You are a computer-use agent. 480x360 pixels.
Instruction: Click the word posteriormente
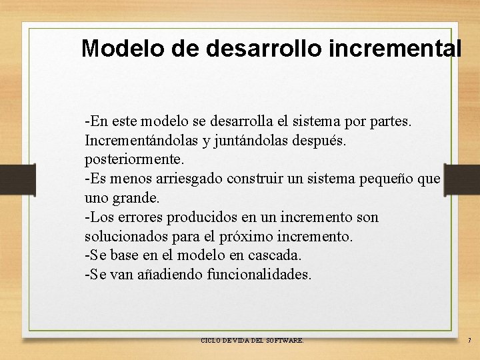[134, 160]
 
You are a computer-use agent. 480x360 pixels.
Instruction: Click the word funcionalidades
[259, 274]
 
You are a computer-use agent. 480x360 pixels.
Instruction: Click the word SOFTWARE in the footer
[285, 341]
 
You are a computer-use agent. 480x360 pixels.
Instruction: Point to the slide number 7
[469, 341]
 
